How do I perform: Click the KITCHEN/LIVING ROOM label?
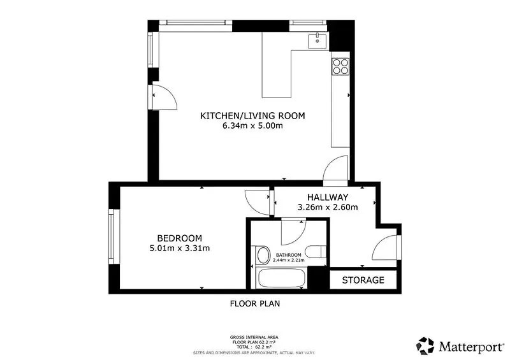click(x=252, y=116)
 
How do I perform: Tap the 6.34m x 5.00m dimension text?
click(x=252, y=126)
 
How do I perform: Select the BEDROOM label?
click(x=180, y=238)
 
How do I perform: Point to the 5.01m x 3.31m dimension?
click(x=180, y=248)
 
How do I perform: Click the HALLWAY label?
click(x=328, y=197)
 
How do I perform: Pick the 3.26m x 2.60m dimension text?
click(x=328, y=207)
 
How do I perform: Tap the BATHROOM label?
click(x=289, y=255)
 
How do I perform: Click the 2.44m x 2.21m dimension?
click(x=289, y=260)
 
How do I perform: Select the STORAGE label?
click(x=363, y=280)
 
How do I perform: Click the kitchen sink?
click(x=318, y=41)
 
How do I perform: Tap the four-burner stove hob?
click(x=340, y=66)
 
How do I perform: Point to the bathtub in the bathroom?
click(x=281, y=278)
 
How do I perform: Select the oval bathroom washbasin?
click(x=263, y=255)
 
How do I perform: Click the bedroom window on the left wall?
click(x=112, y=236)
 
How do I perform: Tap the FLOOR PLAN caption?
click(x=255, y=304)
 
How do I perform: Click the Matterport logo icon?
click(x=425, y=346)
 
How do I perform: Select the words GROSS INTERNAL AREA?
click(x=254, y=338)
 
